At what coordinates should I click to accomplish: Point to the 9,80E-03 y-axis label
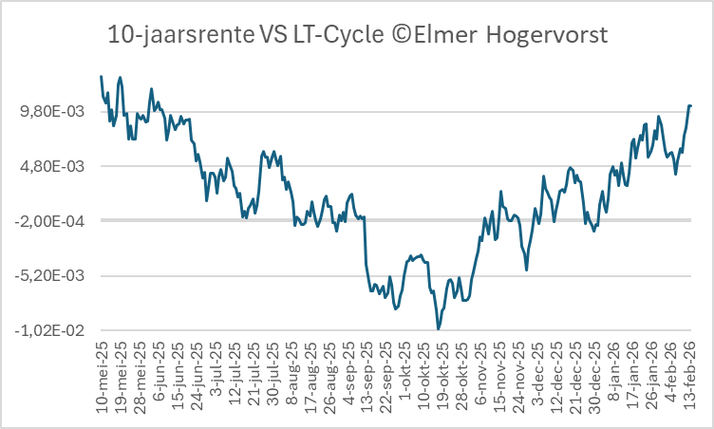58,112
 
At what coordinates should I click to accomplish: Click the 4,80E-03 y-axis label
58,167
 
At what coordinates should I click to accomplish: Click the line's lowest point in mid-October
439,328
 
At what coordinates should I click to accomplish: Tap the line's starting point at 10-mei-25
102,76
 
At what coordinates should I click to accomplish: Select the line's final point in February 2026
691,105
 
